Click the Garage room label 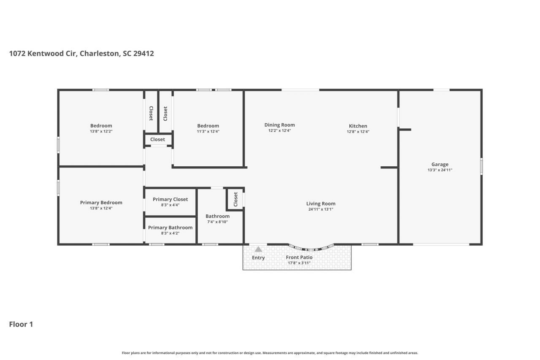tap(440, 165)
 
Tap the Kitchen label tap(358, 126)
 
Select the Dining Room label tap(279, 125)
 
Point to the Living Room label tap(321, 203)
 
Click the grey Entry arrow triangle tap(258, 249)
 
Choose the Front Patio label tap(299, 257)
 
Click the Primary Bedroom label tap(101, 203)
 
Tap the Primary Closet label tap(170, 199)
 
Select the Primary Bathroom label tap(170, 227)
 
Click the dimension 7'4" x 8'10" tap(217, 222)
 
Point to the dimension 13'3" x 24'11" tap(440, 170)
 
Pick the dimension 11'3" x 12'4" tap(208, 131)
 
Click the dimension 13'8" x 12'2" tap(101, 131)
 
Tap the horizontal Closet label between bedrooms tap(158, 139)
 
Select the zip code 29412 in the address tap(143, 54)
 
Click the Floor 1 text tap(21, 324)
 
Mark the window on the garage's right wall tap(481, 166)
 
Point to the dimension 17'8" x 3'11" tap(299, 263)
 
